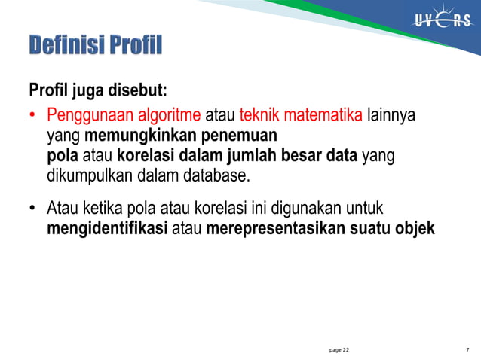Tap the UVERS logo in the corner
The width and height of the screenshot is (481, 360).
tap(442, 21)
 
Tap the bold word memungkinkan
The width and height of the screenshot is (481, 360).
tap(130, 136)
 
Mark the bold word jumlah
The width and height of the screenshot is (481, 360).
tap(253, 157)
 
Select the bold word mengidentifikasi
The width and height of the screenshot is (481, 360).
tap(107, 227)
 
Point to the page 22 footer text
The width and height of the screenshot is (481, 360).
tap(339, 350)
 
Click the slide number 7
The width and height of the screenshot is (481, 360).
tap(468, 350)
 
